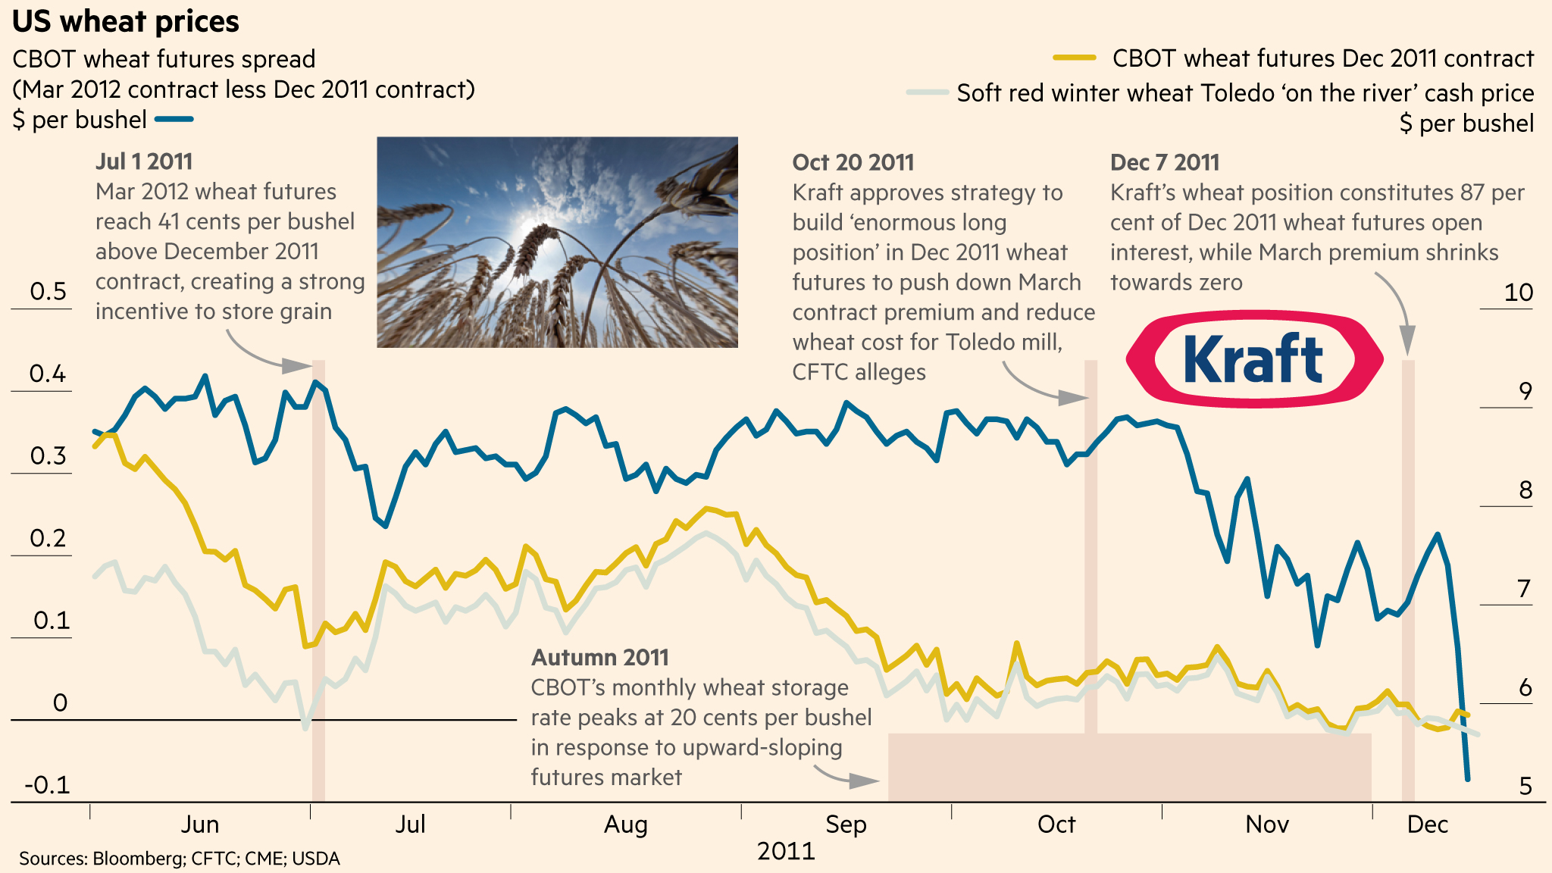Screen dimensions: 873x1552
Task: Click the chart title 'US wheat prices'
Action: pos(126,22)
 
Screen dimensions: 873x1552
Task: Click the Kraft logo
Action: pos(1254,359)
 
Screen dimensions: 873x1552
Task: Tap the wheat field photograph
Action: pos(557,242)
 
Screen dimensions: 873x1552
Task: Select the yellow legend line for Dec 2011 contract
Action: pos(1075,58)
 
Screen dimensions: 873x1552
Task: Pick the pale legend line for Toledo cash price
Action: pos(928,92)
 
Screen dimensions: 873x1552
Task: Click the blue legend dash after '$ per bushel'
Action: pos(174,120)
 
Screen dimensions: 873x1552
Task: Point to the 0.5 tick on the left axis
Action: pos(48,292)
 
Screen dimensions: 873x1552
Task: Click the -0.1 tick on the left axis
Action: pos(47,785)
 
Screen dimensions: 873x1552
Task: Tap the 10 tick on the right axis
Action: pos(1518,293)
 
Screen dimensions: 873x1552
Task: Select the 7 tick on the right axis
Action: pos(1524,589)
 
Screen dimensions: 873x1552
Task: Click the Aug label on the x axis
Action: pos(625,824)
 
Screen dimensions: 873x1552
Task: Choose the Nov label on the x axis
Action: pos(1266,824)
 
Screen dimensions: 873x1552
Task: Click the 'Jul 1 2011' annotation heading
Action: pos(144,161)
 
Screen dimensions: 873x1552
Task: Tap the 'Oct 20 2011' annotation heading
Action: pos(853,162)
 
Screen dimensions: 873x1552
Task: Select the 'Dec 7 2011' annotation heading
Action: pos(1164,162)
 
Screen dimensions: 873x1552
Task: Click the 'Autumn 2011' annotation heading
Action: pos(599,657)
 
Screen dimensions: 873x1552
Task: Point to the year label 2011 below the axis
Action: pos(786,851)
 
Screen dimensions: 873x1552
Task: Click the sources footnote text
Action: pos(180,859)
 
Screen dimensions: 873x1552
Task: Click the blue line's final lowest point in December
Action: pos(1468,778)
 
